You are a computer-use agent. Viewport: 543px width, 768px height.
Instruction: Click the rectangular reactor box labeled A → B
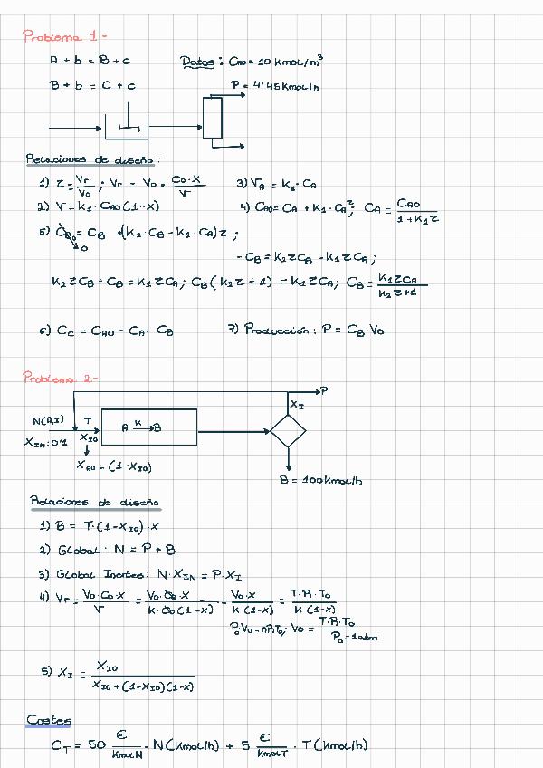coord(148,427)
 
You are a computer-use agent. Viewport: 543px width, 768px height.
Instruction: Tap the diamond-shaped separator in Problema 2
coord(289,429)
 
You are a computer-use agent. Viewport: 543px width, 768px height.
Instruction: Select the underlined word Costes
coord(49,720)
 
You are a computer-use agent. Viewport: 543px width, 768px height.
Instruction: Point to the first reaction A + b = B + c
coord(89,62)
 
